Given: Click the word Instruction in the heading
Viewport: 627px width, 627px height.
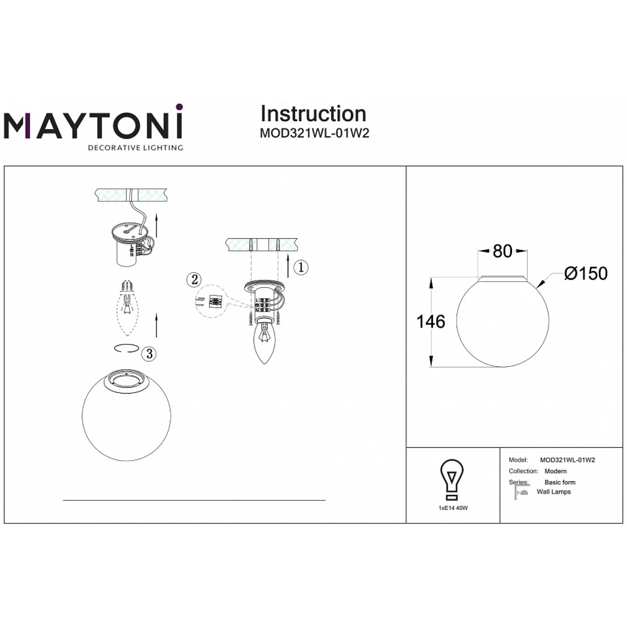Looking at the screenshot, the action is tap(313, 114).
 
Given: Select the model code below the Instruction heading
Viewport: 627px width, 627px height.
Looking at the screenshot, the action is tap(314, 133).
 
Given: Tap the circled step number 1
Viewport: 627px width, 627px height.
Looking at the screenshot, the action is tap(301, 267).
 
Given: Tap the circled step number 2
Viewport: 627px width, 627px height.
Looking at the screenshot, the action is tap(194, 279).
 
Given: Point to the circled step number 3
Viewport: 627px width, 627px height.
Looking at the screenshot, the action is tap(149, 354).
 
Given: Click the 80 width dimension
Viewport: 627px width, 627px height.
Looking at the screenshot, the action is tap(502, 251).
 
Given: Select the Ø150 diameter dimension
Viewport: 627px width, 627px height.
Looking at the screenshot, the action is tap(585, 273).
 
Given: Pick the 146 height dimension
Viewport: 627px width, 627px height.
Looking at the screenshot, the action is tap(431, 322).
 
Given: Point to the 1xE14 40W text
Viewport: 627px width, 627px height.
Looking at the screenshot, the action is tap(453, 508).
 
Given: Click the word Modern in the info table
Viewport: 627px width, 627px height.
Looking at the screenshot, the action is tap(556, 471).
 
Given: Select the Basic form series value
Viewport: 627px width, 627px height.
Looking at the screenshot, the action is tap(560, 482).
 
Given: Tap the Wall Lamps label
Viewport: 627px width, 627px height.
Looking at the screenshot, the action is tap(554, 492).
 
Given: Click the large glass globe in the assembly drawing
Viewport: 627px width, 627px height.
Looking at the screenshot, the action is tap(127, 415).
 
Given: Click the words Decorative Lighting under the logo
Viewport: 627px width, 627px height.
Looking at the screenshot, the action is tap(135, 148).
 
